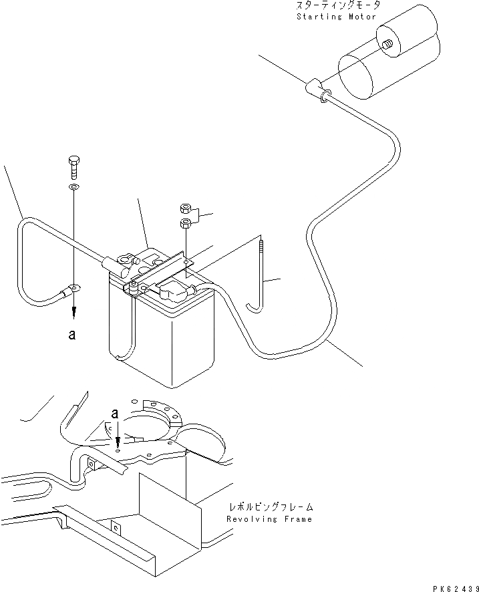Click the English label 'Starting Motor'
pos(337,15)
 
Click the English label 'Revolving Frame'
pos(269,519)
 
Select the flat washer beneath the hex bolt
pos(73,186)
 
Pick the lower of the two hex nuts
pos(186,224)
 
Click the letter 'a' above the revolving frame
pos(116,414)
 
